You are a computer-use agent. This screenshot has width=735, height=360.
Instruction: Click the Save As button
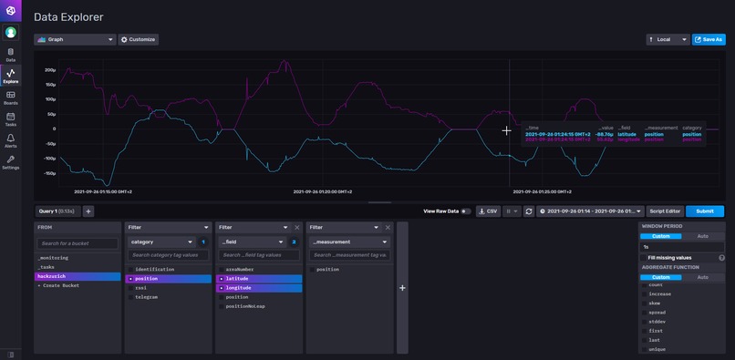[709, 39]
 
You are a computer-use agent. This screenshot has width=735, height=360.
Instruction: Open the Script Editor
[665, 211]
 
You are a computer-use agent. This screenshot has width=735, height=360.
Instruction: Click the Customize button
[139, 40]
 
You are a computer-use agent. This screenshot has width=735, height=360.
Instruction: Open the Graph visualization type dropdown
[75, 40]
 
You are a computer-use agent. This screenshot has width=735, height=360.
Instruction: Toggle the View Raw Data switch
[466, 211]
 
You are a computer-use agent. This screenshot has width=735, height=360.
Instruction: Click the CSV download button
[489, 211]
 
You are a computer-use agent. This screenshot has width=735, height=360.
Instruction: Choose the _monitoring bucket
[53, 257]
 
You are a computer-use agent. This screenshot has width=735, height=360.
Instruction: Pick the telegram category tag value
[146, 296]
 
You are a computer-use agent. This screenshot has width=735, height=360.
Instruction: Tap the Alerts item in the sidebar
[11, 140]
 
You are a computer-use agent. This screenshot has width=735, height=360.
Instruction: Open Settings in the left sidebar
[11, 162]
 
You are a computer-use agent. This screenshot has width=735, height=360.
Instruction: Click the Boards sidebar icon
[11, 97]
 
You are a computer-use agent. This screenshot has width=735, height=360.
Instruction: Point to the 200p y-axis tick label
[50, 68]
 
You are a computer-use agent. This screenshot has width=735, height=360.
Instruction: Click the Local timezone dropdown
[667, 39]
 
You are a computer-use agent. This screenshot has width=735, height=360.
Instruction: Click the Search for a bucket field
[78, 243]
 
